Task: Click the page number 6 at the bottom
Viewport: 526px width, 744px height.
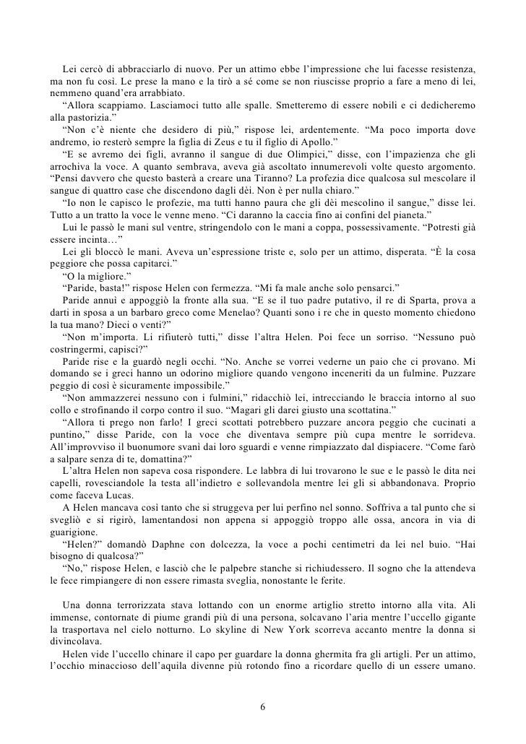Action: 263,705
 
